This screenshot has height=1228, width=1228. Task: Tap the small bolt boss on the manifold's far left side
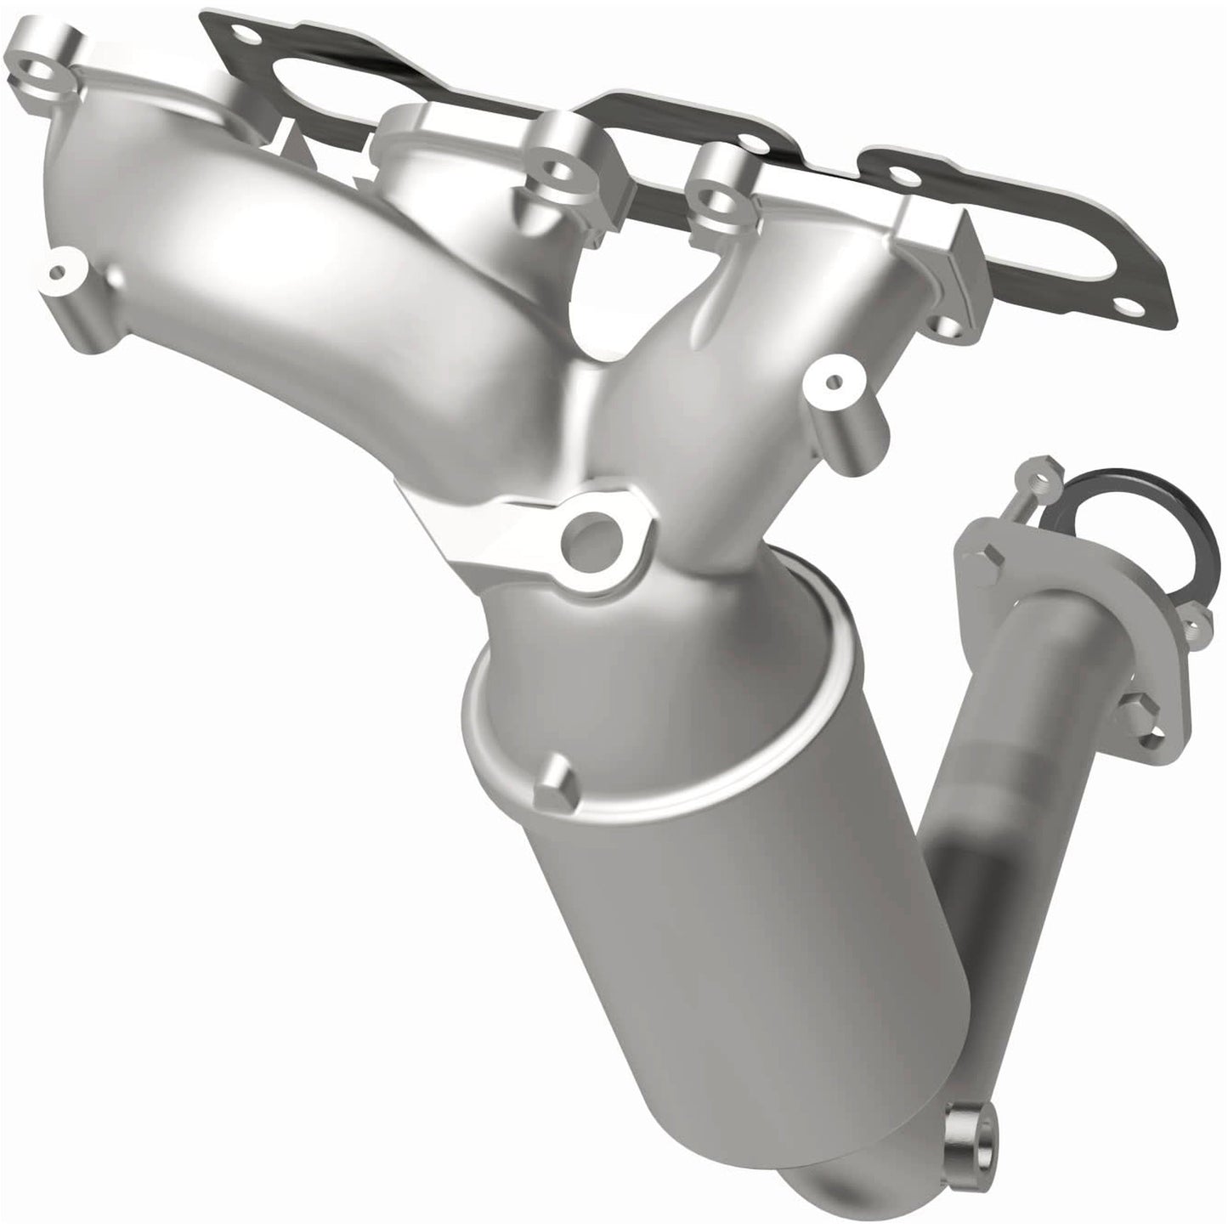click(x=58, y=274)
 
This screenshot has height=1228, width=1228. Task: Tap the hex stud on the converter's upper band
click(x=553, y=782)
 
